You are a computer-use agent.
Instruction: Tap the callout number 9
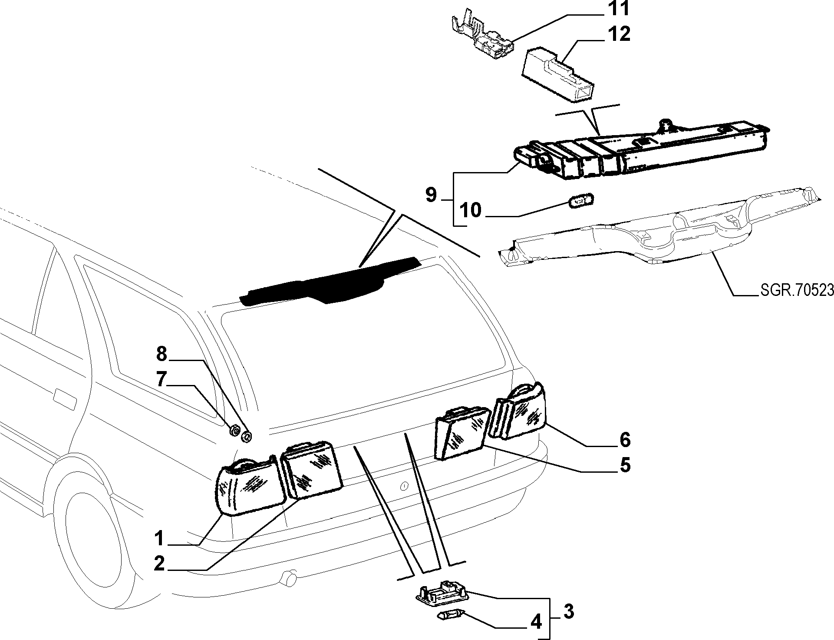coord(431,195)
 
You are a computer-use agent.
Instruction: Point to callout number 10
coord(470,210)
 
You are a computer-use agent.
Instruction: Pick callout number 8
coord(162,355)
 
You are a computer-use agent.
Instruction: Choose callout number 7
coord(162,380)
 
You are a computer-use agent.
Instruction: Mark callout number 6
coord(624,440)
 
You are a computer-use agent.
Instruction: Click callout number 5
coord(624,465)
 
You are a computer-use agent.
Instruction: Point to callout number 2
coord(159,564)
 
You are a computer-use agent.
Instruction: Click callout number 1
coord(159,539)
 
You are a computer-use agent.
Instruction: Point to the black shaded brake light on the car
coord(330,280)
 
